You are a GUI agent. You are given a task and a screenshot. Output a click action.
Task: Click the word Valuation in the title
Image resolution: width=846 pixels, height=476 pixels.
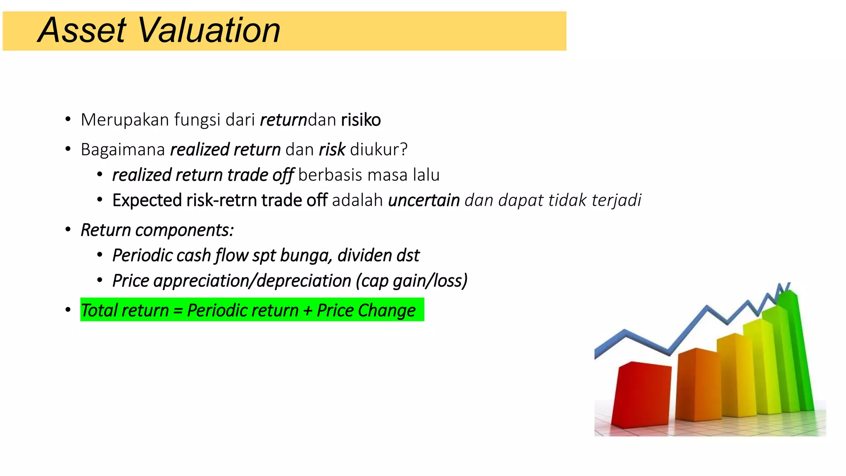pos(209,31)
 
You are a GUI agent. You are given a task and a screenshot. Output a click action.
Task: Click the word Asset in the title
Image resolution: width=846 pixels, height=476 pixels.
pos(82,31)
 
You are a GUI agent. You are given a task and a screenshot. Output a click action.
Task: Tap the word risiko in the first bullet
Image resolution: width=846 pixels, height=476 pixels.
pos(361,120)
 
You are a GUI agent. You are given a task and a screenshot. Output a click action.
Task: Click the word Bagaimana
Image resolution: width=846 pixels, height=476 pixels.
pos(123,150)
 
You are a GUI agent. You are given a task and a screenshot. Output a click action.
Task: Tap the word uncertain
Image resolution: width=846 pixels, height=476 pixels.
pos(424,200)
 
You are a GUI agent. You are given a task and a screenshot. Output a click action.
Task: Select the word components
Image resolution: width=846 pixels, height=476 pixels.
pos(184,230)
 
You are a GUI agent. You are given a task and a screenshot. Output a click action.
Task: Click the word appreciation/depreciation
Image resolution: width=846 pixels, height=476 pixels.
pos(252,281)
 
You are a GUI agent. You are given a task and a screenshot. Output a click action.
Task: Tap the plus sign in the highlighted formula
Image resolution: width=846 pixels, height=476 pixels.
pos(307,311)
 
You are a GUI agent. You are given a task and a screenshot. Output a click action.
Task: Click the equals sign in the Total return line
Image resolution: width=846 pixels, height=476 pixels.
pos(178,311)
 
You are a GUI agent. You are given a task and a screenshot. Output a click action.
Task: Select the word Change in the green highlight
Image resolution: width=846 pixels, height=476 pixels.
pos(387,311)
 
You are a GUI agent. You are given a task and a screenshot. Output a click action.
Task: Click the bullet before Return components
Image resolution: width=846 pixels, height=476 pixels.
pos(68,230)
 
